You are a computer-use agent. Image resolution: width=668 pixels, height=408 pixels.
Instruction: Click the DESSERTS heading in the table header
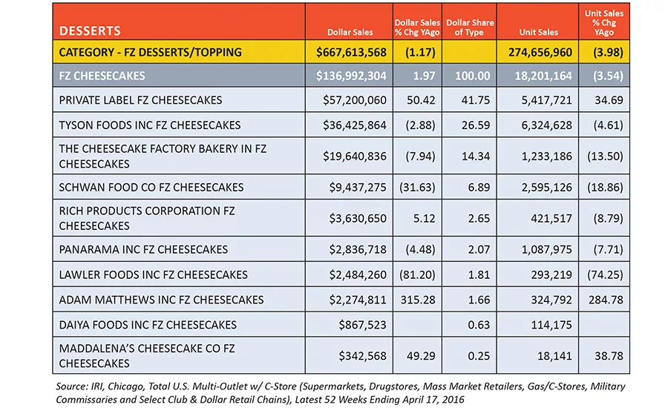click(x=90, y=30)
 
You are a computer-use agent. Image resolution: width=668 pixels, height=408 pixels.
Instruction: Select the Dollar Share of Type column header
click(x=470, y=27)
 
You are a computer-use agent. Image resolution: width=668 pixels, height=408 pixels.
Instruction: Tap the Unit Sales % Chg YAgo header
click(x=603, y=22)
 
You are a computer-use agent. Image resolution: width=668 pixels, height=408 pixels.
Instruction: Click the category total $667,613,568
click(x=351, y=52)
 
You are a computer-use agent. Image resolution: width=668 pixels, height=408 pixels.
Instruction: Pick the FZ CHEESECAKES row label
click(x=102, y=76)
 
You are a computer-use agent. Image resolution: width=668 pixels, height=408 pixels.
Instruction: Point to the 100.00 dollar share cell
click(x=473, y=76)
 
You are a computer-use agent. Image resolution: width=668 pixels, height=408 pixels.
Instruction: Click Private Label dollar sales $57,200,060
click(x=355, y=100)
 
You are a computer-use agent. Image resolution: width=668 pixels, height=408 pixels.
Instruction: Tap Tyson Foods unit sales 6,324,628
click(x=546, y=125)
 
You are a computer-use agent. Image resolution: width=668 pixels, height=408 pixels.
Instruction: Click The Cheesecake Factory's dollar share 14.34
click(x=476, y=157)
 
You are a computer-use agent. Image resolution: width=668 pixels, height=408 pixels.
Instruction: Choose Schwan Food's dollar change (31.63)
click(x=417, y=188)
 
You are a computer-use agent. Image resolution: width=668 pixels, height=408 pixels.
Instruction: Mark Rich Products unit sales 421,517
click(x=551, y=219)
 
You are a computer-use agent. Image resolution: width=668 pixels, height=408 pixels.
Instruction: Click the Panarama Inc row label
click(x=143, y=249)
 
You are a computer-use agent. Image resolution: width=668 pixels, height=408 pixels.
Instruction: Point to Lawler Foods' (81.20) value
click(x=417, y=274)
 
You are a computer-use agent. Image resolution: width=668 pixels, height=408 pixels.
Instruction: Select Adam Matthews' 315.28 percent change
click(x=418, y=300)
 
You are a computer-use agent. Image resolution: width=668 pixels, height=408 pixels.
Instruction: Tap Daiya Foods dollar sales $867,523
click(x=362, y=325)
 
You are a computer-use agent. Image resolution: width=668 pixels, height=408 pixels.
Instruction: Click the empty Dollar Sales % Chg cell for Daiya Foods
click(x=417, y=325)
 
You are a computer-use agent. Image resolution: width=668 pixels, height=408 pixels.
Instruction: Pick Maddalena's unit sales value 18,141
click(x=554, y=356)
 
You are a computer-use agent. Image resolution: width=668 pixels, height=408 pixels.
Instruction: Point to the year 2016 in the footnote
click(x=453, y=400)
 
